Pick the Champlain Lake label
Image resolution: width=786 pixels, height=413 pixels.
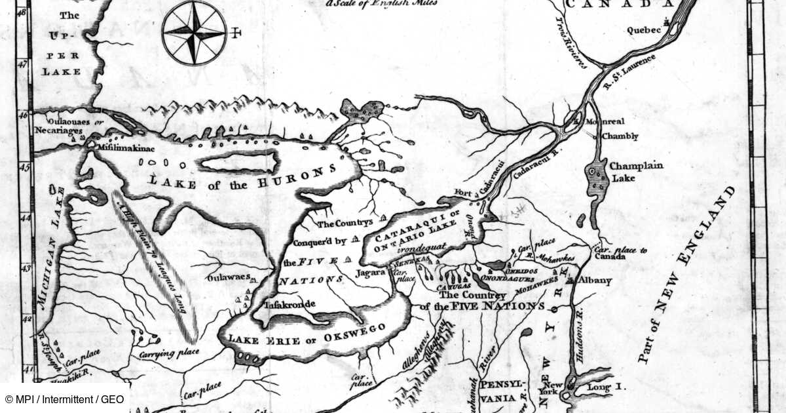pos(635,171)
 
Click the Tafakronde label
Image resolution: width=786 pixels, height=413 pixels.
pos(289,304)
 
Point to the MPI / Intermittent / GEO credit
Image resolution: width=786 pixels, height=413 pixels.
pos(64,399)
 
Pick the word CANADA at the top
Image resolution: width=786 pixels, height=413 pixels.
pos(618,5)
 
